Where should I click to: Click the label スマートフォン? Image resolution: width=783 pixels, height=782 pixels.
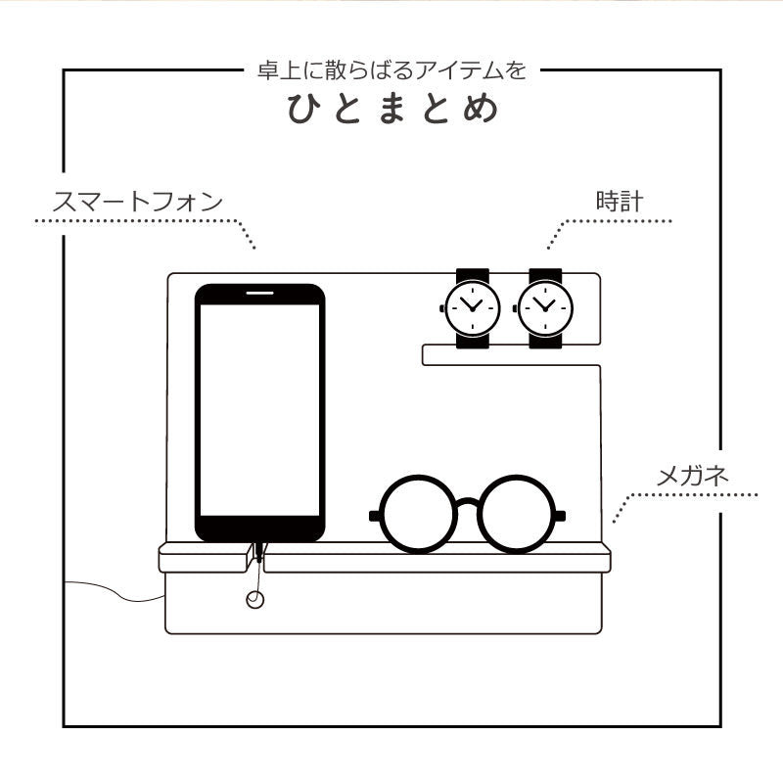click(x=137, y=202)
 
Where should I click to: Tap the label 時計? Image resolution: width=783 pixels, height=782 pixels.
click(x=620, y=202)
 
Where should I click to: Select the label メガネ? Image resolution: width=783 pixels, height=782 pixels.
click(x=692, y=476)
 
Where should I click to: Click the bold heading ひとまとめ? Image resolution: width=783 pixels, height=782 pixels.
click(x=392, y=108)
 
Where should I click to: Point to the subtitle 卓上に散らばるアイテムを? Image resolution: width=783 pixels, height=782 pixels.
click(x=392, y=70)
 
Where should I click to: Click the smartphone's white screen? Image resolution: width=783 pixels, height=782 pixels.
click(x=259, y=410)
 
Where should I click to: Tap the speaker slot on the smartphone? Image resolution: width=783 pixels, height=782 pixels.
click(x=259, y=293)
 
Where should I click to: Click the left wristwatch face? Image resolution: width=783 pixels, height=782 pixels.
click(x=472, y=308)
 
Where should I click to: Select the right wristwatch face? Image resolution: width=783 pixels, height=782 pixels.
click(x=545, y=308)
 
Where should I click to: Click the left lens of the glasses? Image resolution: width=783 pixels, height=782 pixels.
click(x=419, y=514)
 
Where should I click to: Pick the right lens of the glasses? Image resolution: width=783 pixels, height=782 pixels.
click(x=517, y=514)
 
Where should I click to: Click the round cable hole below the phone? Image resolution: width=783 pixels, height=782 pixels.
click(x=255, y=599)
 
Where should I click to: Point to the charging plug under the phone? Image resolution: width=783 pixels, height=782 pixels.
click(x=259, y=552)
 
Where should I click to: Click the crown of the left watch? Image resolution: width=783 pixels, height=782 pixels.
click(x=442, y=308)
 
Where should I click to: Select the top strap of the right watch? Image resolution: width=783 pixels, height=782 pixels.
click(x=545, y=275)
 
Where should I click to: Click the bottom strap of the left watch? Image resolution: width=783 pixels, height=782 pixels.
click(x=473, y=341)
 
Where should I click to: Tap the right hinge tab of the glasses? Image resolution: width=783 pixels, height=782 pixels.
click(x=560, y=516)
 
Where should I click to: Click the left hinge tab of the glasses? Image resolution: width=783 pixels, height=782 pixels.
click(x=375, y=516)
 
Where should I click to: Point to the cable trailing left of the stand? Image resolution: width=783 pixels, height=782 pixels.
click(x=115, y=591)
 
